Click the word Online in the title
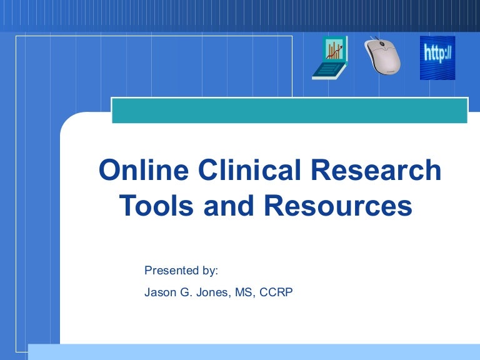[144, 169]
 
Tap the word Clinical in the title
[249, 169]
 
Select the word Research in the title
[376, 169]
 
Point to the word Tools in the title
[156, 205]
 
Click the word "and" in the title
[229, 205]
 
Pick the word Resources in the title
[338, 205]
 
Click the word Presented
[171, 270]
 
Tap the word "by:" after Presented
[210, 271]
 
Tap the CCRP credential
[276, 292]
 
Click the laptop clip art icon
[330, 58]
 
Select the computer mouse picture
[382, 56]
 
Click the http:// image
[437, 58]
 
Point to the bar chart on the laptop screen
[334, 49]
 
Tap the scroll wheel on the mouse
[382, 44]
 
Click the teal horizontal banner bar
[289, 111]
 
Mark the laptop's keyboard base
[328, 71]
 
